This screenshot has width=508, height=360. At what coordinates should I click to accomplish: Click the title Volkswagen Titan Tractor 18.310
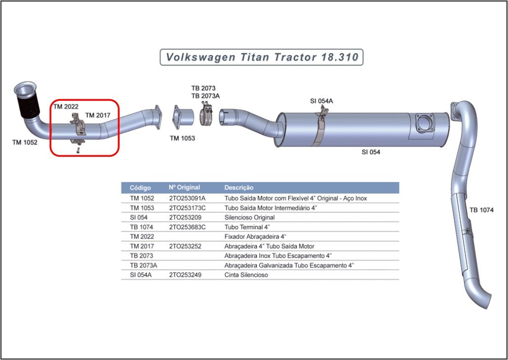(262, 57)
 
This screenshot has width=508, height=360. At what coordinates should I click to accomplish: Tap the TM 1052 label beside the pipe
(25, 142)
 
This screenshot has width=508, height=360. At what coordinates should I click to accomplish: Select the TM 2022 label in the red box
(66, 106)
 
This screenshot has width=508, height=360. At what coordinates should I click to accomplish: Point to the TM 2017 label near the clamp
(98, 115)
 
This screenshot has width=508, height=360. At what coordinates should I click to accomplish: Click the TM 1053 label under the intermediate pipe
(182, 138)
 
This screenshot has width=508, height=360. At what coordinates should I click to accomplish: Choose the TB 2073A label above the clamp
(206, 95)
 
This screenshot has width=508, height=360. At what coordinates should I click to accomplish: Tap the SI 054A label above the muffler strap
(321, 101)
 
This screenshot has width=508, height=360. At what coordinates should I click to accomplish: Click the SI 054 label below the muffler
(371, 152)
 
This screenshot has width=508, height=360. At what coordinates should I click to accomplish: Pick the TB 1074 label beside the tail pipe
(482, 210)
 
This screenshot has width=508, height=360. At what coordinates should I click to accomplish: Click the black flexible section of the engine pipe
(29, 106)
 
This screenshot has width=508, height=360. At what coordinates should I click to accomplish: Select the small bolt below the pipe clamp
(78, 150)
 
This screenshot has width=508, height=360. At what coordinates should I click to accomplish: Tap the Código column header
(140, 188)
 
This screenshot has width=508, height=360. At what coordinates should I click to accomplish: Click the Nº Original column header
(184, 187)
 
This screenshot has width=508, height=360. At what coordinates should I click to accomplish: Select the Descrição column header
(239, 187)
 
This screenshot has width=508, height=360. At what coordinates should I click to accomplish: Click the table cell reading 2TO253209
(185, 217)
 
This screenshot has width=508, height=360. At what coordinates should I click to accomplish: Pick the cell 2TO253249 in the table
(185, 275)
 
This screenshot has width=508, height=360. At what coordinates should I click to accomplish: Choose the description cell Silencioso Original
(250, 217)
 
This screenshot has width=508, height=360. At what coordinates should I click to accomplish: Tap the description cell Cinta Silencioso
(246, 275)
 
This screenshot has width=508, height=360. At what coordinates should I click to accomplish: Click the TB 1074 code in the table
(142, 227)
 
